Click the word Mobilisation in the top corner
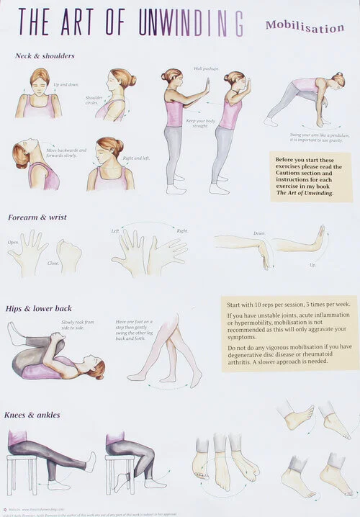click(305, 27)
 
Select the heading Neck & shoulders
click(45, 55)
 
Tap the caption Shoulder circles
click(94, 100)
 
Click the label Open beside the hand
click(13, 242)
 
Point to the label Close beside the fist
click(53, 264)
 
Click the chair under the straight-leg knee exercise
click(22, 472)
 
